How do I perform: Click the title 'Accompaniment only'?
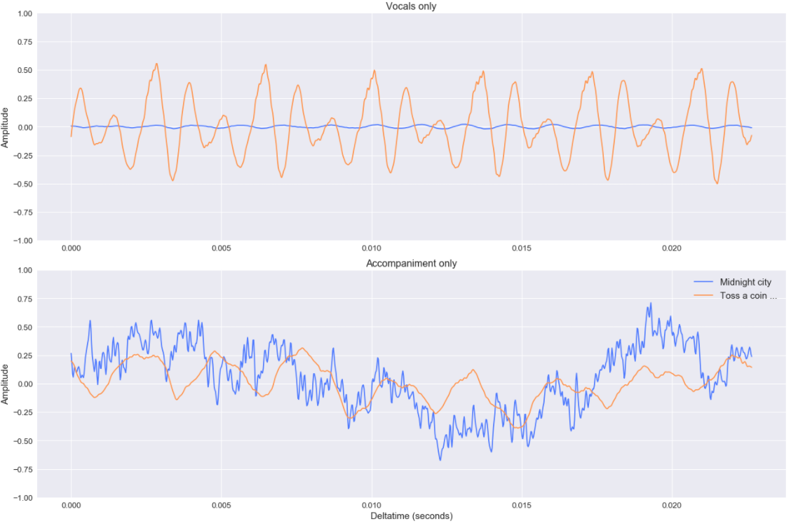pos(412,264)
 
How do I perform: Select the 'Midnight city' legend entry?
pos(745,282)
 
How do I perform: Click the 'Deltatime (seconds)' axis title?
pos(412,516)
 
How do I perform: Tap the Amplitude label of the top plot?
pos(6,127)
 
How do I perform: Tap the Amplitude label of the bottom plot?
pos(6,384)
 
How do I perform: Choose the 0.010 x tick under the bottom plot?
pos(371,505)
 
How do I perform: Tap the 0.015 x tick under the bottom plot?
pos(521,505)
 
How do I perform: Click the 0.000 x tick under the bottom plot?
pos(71,505)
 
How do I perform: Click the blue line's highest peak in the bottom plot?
pos(650,303)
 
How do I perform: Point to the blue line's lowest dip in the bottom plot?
pos(440,460)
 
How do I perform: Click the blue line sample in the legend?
pos(703,282)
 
